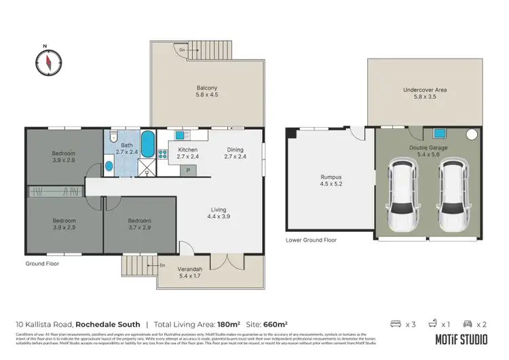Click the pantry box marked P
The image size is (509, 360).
pos(188,170)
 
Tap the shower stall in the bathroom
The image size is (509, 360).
pos(146,167)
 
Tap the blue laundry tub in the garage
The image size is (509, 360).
pos(439,134)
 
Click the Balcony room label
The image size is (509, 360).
pos(207,88)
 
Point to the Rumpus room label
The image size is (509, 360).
pos(331,178)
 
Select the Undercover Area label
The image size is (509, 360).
pos(425,90)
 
